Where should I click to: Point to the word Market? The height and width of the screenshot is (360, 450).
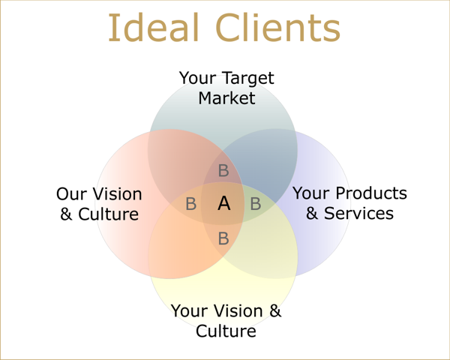point(226,98)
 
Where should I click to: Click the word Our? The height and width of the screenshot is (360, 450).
point(72,194)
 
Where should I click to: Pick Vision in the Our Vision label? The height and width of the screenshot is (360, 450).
point(117,194)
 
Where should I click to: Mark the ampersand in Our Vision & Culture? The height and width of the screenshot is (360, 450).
point(67,214)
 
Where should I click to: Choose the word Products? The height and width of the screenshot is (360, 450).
point(370,193)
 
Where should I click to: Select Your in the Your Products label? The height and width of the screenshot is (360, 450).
point(310,193)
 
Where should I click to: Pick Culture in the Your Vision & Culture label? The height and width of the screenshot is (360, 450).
point(226,331)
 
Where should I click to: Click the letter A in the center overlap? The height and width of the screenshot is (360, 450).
point(223,203)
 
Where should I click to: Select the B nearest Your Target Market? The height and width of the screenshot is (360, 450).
point(223,171)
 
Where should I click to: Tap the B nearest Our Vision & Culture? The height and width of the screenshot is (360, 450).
point(191,204)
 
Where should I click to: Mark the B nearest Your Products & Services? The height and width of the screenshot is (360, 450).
point(255,204)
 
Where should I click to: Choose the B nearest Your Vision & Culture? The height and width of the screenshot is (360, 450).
point(223,239)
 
